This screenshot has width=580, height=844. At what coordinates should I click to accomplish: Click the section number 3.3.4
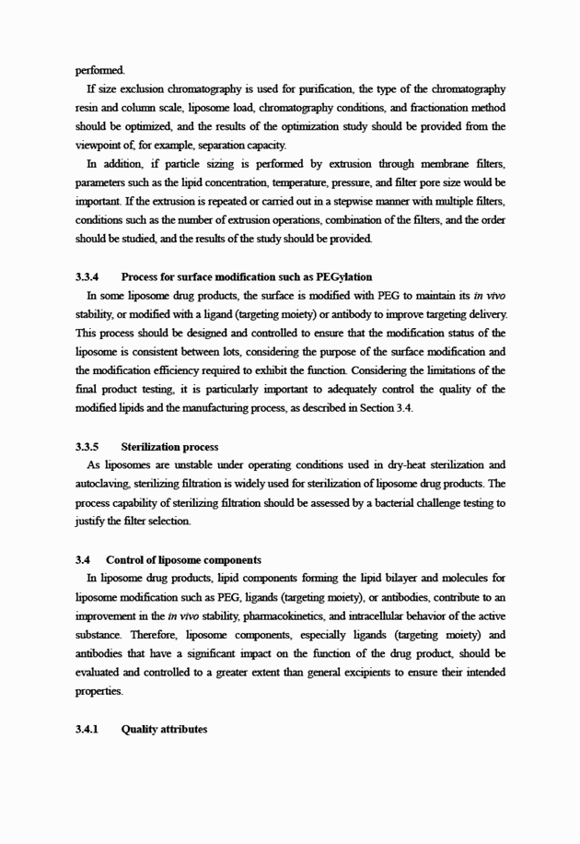pos(87,276)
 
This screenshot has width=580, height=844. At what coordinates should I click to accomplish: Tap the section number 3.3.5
pos(87,447)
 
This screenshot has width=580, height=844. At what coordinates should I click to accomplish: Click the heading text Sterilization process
pos(169,447)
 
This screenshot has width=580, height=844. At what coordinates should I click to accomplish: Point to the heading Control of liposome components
pos(183,559)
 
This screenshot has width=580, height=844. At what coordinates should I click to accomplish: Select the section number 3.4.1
pos(87,730)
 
